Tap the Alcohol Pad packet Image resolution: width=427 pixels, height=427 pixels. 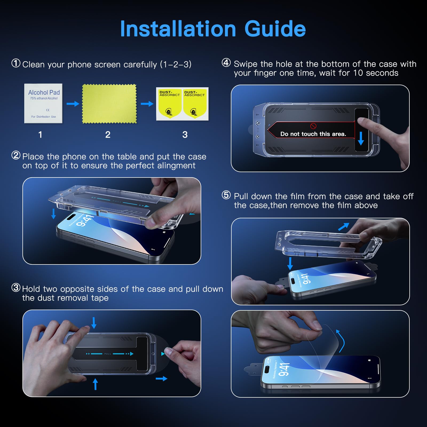(x=43, y=104)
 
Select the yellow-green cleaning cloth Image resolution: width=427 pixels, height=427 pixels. (x=109, y=104)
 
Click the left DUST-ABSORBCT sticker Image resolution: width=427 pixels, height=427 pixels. (x=169, y=104)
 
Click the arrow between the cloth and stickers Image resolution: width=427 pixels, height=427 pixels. (x=147, y=104)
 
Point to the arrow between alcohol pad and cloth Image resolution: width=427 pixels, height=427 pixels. (x=73, y=104)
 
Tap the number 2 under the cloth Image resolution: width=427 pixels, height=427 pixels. (x=108, y=135)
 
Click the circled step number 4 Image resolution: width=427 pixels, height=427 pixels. (x=226, y=63)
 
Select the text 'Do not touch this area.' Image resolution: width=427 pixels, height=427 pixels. (x=313, y=134)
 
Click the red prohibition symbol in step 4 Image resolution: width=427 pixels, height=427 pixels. (x=313, y=126)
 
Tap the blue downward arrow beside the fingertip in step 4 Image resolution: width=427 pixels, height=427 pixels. (x=361, y=138)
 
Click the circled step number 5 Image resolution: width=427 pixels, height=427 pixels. (x=226, y=195)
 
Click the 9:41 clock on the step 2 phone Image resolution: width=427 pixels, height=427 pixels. (x=85, y=220)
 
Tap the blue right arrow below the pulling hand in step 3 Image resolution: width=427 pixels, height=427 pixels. (x=161, y=378)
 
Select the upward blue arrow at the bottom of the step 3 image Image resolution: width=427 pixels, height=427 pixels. (x=95, y=384)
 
